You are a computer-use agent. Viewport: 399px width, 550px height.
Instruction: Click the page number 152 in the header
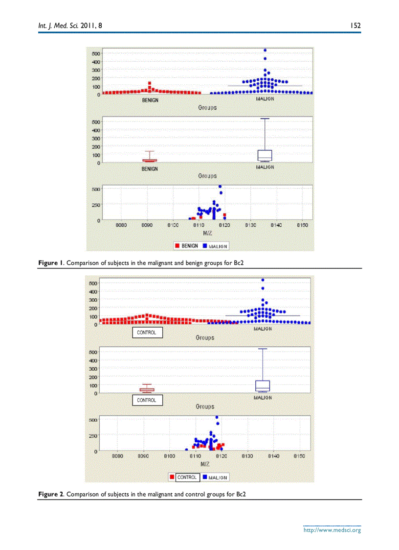[x=355, y=25]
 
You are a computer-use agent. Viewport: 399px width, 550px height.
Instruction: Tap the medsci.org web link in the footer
[x=332, y=530]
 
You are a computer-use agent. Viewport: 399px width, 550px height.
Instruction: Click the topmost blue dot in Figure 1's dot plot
[x=265, y=50]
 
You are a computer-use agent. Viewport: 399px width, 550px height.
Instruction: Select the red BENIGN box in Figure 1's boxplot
[x=150, y=160]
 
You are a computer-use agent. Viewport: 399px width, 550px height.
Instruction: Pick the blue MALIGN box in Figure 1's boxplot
[x=265, y=155]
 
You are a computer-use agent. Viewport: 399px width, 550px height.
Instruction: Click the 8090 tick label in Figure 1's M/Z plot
[x=147, y=225]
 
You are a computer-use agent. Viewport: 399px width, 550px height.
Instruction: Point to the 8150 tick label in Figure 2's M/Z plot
[x=299, y=455]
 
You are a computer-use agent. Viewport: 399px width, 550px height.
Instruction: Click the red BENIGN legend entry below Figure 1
[x=186, y=245]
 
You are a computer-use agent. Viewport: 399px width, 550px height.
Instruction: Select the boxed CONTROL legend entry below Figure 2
[x=187, y=477]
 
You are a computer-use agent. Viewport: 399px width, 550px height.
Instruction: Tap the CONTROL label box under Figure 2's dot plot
[x=147, y=333]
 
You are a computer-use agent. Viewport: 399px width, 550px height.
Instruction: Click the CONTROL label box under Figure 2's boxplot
[x=147, y=400]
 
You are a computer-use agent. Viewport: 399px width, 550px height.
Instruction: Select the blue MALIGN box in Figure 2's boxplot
[x=263, y=386]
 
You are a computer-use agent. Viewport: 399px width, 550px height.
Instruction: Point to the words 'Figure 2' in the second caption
[x=51, y=494]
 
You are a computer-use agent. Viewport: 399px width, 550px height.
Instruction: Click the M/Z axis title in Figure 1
[x=207, y=233]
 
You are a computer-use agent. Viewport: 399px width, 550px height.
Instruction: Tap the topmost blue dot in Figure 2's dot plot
[x=263, y=280]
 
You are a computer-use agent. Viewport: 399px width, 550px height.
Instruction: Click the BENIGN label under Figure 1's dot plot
[x=150, y=100]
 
